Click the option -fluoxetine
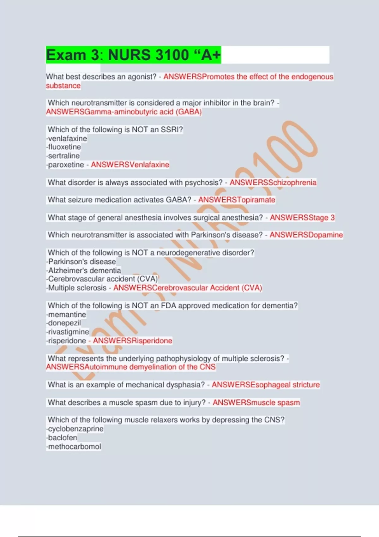point(64,147)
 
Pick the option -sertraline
point(63,156)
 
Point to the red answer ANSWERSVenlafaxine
point(130,165)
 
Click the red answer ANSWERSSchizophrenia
point(273,183)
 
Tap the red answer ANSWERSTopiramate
point(237,200)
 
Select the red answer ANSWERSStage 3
point(302,218)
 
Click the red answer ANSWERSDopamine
point(306,235)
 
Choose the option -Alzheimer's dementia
point(84,270)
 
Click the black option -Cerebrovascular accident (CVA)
point(102,279)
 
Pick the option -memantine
point(66,315)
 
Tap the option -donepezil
point(64,323)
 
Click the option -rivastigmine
point(68,332)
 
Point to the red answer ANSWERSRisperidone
point(132,341)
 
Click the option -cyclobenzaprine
point(75,429)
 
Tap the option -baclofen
point(62,438)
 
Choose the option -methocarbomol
point(74,447)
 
